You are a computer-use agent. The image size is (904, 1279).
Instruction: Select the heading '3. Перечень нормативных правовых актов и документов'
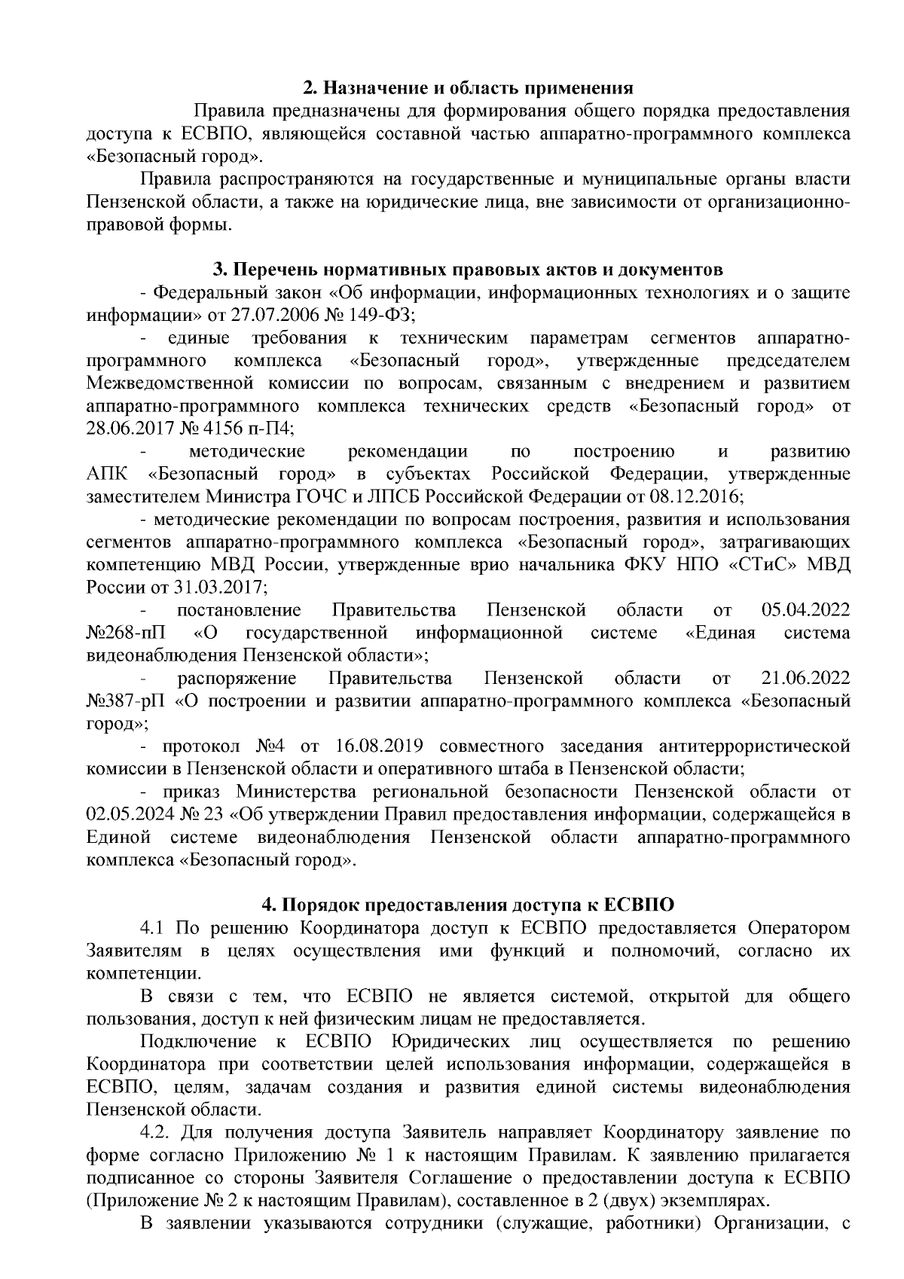coord(468,270)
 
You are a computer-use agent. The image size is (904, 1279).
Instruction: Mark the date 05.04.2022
coord(806,610)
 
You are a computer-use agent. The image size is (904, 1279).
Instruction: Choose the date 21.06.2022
coord(806,678)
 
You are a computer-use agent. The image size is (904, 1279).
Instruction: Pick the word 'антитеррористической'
coord(754,746)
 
